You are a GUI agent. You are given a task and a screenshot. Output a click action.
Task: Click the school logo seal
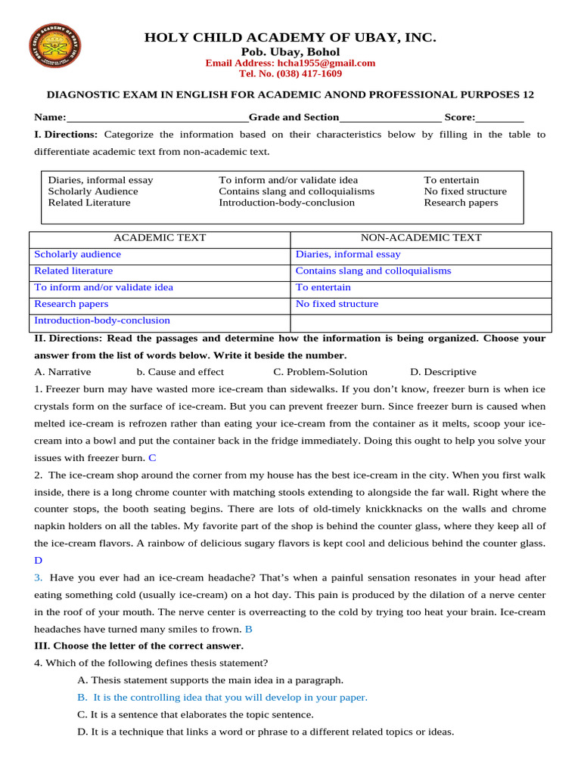[x=54, y=46]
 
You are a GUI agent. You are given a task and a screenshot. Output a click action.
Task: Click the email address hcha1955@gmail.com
[x=290, y=63]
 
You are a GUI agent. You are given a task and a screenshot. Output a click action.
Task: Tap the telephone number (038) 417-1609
[x=290, y=73]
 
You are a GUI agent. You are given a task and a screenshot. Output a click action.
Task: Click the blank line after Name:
[x=157, y=118]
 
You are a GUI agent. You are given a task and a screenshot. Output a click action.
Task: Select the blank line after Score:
[x=499, y=118]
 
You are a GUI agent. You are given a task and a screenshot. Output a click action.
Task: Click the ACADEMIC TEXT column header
[x=160, y=237]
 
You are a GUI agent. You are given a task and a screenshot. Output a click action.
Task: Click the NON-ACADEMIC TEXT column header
[x=421, y=237]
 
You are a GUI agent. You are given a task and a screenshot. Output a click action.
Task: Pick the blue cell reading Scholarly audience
[x=77, y=254]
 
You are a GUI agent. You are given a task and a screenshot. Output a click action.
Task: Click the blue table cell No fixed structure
[x=337, y=304]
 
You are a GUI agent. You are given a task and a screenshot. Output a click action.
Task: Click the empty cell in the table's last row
[x=421, y=321]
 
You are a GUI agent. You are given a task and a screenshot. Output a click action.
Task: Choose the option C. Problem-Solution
[x=320, y=372]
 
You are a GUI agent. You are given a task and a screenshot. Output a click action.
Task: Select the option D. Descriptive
[x=443, y=372]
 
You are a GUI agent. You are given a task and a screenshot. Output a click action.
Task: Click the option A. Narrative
[x=63, y=372]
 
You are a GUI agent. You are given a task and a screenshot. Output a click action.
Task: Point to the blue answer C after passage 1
[x=152, y=457]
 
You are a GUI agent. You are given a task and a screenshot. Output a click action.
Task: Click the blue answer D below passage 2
[x=39, y=560]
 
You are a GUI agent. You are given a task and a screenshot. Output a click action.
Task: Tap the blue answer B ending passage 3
[x=248, y=629]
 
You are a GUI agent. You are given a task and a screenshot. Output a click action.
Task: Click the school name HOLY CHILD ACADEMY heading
[x=290, y=37]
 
